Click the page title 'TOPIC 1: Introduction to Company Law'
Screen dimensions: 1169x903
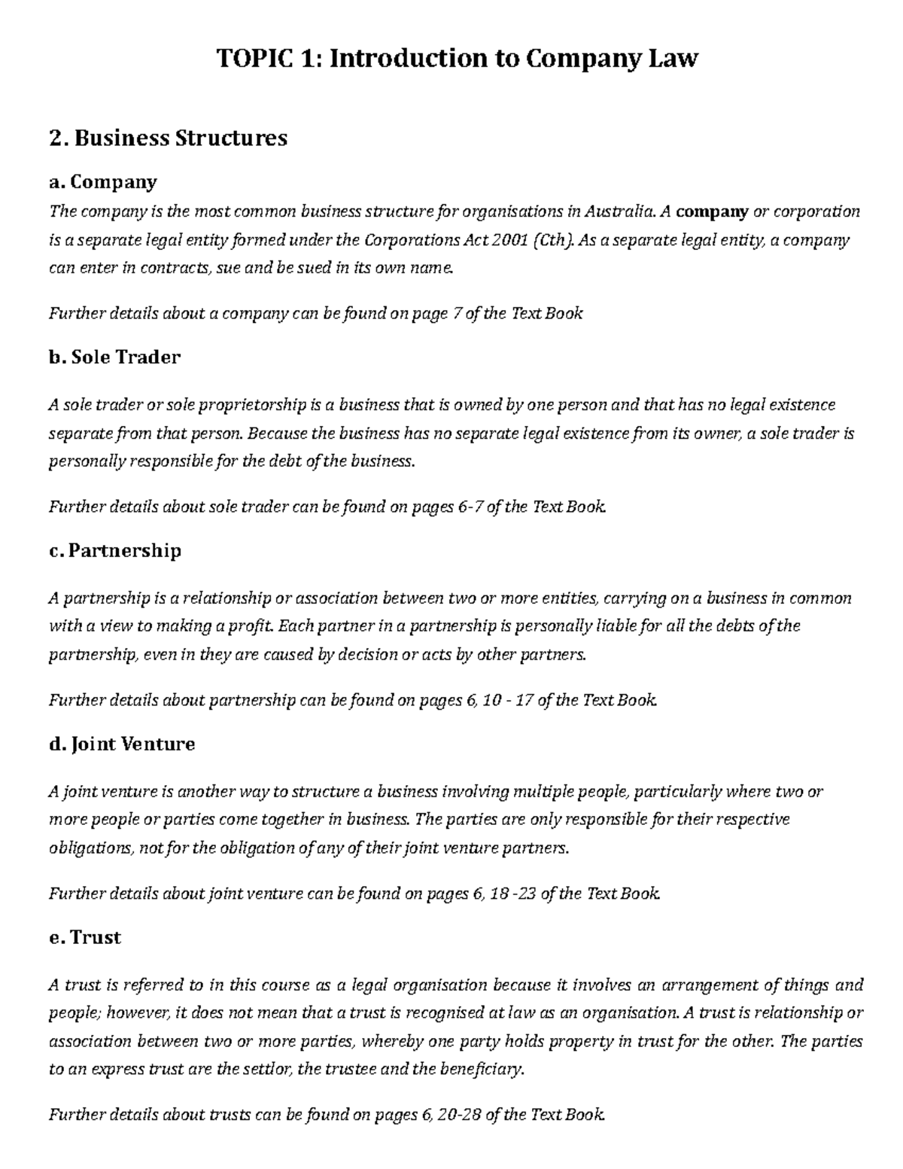coord(458,58)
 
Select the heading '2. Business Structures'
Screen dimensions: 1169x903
coord(168,138)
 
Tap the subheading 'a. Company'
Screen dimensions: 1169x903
coord(103,181)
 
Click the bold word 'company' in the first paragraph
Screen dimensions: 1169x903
coord(712,212)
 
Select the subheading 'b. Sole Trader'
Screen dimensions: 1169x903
coord(114,357)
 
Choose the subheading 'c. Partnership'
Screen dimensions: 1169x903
coord(115,550)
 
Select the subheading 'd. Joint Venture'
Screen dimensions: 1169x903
coord(122,744)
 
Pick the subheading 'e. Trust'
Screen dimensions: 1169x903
coord(85,937)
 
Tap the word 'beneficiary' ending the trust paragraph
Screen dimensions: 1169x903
coord(482,1069)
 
